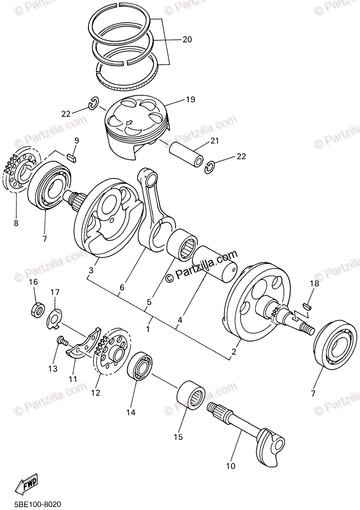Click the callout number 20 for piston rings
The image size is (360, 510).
187,40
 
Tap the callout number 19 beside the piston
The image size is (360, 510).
190,99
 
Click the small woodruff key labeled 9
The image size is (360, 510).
73,156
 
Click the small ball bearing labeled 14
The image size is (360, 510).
140,367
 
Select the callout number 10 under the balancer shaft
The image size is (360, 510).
230,466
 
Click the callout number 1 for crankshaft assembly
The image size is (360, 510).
148,329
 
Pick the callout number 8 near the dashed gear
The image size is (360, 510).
16,223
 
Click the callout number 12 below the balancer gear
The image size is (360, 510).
96,393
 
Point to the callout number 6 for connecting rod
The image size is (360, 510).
122,287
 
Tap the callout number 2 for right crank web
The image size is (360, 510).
233,352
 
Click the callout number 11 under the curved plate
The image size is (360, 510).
73,379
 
